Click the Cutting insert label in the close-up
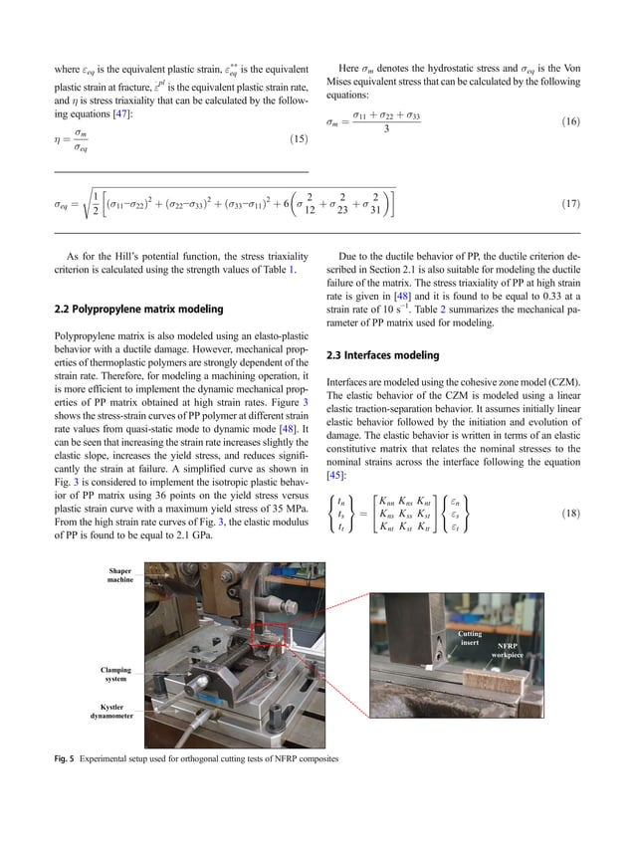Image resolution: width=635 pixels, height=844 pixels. point(470,639)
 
